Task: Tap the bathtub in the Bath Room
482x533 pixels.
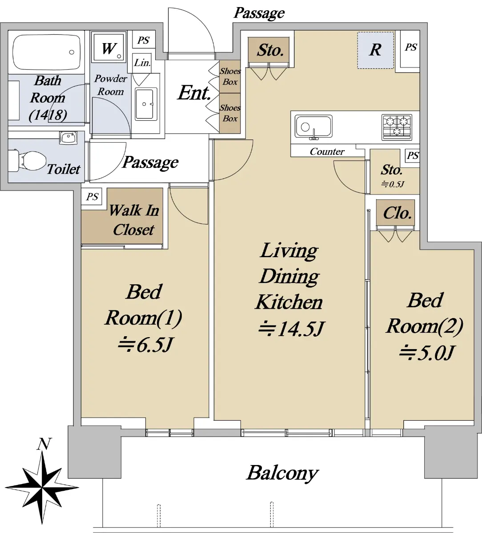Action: [47, 52]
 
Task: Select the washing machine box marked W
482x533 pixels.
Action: [108, 47]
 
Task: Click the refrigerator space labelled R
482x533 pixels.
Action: [375, 50]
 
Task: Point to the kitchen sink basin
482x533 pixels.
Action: [313, 127]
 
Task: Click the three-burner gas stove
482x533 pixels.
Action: [397, 127]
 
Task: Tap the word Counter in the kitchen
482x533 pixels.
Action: [327, 152]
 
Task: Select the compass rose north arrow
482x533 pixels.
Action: [42, 488]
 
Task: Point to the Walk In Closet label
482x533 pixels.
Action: [134, 220]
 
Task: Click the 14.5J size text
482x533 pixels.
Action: [290, 329]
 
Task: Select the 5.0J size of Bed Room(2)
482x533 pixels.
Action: [426, 353]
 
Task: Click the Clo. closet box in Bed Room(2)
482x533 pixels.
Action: [395, 213]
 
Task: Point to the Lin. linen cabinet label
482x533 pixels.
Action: [142, 63]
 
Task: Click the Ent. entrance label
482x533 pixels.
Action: [194, 93]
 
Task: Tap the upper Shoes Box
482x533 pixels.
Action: [230, 76]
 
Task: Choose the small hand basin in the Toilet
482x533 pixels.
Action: [68, 137]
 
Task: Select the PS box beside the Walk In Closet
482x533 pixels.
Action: [92, 197]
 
